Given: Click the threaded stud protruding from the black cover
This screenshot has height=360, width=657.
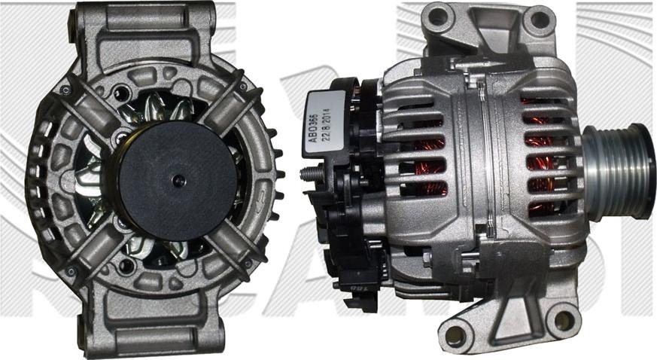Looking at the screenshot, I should click(x=309, y=174).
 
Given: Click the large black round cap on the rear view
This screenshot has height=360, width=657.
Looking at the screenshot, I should click(x=178, y=180).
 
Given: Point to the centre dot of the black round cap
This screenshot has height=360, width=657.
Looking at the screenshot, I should click(x=178, y=180).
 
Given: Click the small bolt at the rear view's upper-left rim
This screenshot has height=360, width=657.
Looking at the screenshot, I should click(x=66, y=90).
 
